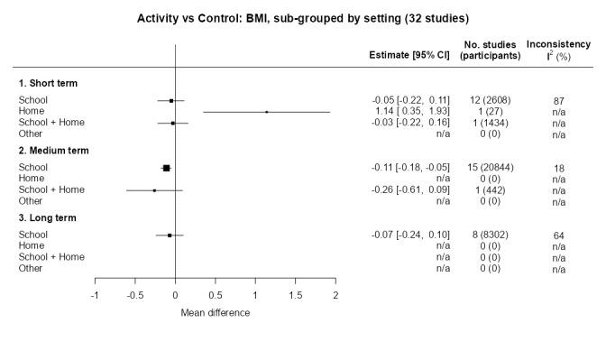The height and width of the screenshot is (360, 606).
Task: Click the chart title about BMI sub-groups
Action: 303,17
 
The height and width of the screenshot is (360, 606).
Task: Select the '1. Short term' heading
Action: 47,83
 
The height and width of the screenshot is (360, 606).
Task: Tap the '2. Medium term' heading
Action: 52,150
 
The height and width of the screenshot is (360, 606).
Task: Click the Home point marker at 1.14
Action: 267,112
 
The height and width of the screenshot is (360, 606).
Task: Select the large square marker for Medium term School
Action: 166,168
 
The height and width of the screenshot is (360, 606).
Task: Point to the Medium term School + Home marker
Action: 154,190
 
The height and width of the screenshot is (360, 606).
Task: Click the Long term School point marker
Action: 170,235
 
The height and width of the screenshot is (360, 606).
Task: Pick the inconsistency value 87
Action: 558,100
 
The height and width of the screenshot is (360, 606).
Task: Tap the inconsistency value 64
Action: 558,235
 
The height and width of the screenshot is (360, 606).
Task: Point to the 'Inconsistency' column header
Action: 558,44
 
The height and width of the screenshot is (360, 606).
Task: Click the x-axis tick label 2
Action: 335,296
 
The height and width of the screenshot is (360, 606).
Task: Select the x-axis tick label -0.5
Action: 134,296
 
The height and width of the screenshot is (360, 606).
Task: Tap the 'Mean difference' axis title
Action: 215,313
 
